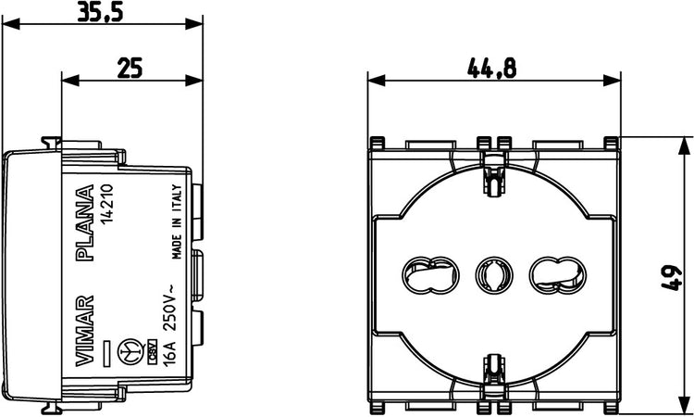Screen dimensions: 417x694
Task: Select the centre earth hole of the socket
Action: [x=490, y=275]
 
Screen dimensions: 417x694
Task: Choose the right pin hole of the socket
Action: [x=555, y=275]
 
